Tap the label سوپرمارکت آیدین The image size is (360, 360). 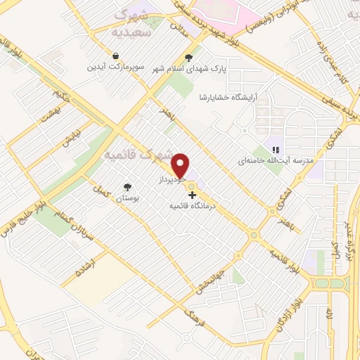(115, 67)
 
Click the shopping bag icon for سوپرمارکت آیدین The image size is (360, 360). (115, 56)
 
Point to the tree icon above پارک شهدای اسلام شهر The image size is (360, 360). (188, 58)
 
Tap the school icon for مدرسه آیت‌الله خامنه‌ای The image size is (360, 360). (276, 149)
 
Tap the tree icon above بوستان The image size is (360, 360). (127, 187)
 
